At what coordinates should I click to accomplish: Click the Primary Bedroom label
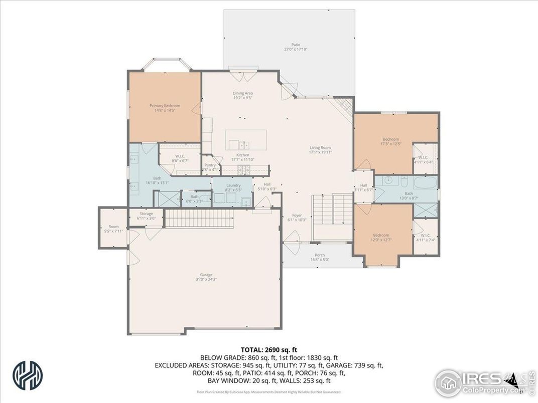[165, 108]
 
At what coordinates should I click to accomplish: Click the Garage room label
[206, 276]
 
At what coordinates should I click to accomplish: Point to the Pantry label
[210, 167]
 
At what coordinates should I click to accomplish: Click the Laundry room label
[233, 187]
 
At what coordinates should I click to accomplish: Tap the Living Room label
[320, 149]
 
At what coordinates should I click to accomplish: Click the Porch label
[319, 257]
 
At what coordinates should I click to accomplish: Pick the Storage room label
[146, 216]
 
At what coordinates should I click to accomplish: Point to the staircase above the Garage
[200, 219]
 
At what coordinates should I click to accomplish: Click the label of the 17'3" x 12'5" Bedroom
[391, 141]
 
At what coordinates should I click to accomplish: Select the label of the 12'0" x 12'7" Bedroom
[380, 238]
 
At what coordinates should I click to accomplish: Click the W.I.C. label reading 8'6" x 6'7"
[180, 158]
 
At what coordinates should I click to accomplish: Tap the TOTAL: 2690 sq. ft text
[269, 349]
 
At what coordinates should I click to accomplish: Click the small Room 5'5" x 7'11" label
[113, 229]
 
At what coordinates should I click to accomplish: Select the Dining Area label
[242, 95]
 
